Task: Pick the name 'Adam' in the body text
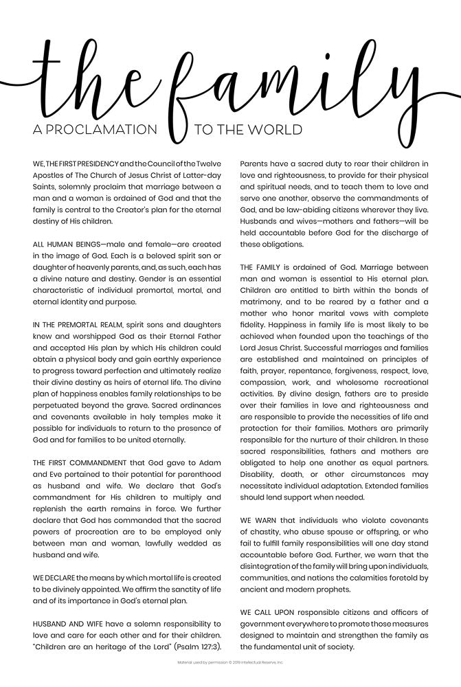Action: [x=212, y=462]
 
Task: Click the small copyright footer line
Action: [x=230, y=663]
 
